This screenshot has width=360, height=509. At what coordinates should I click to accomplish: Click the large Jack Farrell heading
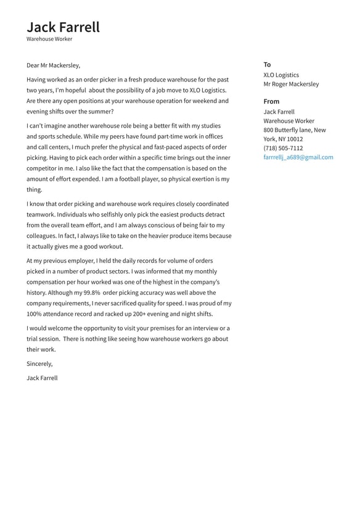point(63,27)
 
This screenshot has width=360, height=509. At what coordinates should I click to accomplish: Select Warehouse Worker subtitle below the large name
point(49,39)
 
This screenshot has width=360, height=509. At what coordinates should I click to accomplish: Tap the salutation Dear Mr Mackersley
point(53,65)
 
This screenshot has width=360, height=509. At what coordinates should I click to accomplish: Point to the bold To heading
point(267,64)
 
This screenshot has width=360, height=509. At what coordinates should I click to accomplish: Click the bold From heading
point(271,101)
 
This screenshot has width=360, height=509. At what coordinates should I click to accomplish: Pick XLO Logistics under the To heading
point(281,75)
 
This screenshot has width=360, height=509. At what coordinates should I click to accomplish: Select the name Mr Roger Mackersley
point(291,84)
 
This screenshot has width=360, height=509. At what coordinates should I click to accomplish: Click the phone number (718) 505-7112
point(283,148)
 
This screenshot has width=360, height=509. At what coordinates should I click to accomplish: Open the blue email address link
point(298,157)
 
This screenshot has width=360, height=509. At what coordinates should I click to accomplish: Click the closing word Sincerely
point(39,364)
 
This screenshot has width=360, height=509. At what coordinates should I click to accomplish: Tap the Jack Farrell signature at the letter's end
point(42,378)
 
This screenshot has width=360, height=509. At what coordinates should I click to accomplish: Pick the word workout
point(108,246)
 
